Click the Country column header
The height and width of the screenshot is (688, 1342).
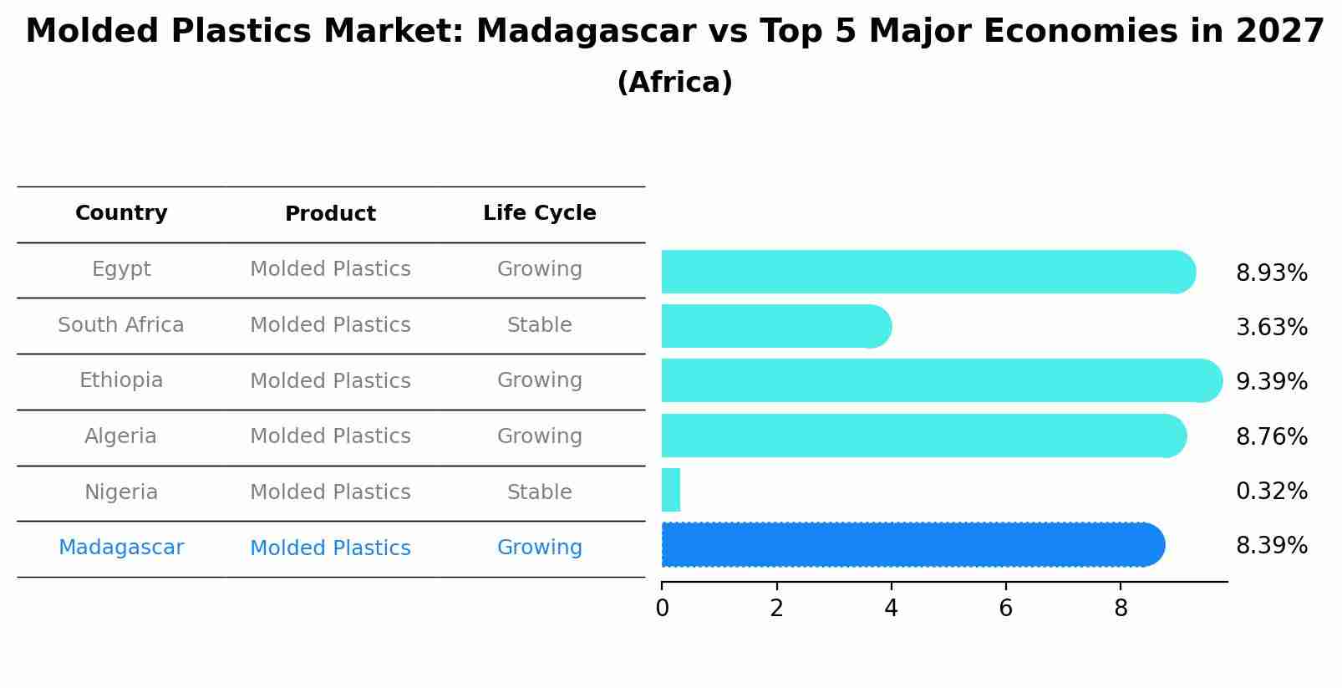tap(121, 213)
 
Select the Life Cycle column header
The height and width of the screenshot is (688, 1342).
tap(539, 213)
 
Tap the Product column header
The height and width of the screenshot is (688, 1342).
tap(330, 214)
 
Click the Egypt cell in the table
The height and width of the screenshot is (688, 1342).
tap(121, 269)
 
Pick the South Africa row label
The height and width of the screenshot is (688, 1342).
tap(121, 325)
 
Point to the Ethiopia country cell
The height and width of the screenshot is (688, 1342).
tap(121, 380)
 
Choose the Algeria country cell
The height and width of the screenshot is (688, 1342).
tap(121, 436)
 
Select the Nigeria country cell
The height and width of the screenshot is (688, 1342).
tap(121, 492)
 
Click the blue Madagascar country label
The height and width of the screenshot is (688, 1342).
tap(121, 548)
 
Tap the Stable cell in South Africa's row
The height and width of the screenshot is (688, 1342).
tap(539, 325)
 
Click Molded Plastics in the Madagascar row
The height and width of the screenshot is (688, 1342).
tap(330, 548)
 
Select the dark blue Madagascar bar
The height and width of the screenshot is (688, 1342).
tap(911, 544)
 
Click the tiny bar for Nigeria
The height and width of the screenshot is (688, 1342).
tap(671, 490)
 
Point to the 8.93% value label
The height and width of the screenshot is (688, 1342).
tap(1271, 273)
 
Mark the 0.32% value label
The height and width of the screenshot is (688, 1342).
tap(1271, 491)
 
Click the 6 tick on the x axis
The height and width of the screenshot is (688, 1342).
tap(1005, 609)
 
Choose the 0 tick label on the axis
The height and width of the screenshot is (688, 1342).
tap(662, 609)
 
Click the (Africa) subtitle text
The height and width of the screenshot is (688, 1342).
tap(674, 83)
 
